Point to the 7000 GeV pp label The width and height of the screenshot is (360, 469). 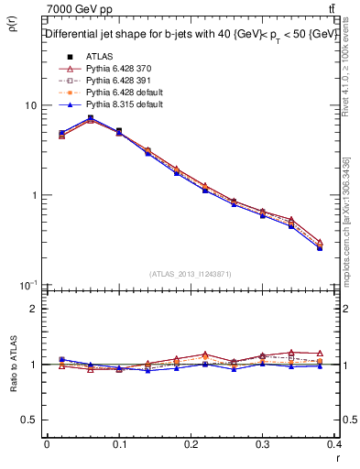pos(80,9)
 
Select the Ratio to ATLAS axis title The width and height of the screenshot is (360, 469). pos(13,365)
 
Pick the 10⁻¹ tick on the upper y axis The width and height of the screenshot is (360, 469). pos(27,285)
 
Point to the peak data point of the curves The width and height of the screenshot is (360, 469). pos(90,118)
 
